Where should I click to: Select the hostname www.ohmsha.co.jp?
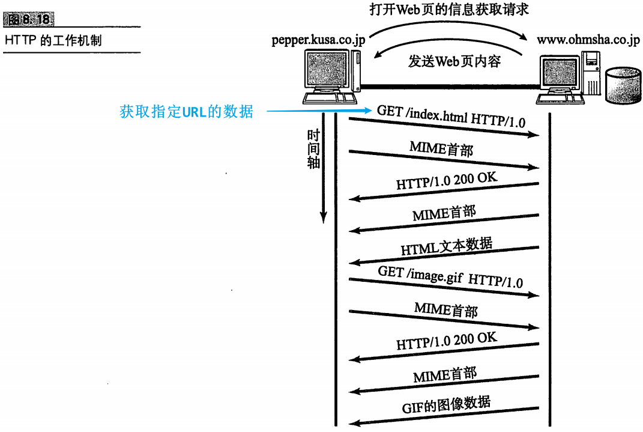tap(588, 40)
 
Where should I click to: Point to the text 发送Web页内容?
tap(454, 61)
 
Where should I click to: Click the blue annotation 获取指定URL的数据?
tap(186, 111)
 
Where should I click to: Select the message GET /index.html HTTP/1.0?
tap(451, 117)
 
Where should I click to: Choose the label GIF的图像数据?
tap(446, 404)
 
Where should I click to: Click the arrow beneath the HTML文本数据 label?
tap(444, 255)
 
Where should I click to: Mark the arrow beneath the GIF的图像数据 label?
tap(444, 416)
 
